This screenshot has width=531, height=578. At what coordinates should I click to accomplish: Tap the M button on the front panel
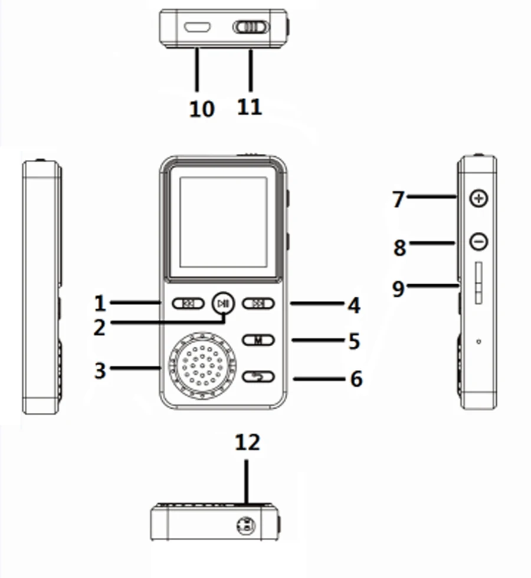click(258, 340)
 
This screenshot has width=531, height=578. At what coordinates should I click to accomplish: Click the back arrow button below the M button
click(258, 376)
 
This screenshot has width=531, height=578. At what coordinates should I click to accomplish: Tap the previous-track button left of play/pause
click(188, 304)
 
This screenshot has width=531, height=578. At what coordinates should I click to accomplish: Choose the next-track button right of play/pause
click(258, 304)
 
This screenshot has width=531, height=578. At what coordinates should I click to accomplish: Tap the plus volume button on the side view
click(478, 199)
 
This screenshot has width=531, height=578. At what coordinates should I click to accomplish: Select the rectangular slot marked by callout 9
click(478, 284)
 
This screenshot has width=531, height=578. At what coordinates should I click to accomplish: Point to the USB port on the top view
click(198, 27)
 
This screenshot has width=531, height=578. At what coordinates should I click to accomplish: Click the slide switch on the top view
click(250, 27)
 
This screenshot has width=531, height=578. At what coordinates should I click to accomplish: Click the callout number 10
click(202, 109)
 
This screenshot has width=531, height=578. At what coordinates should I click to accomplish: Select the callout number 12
click(247, 442)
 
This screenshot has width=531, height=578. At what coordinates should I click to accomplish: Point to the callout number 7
click(399, 200)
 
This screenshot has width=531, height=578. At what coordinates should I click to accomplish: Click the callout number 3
click(100, 370)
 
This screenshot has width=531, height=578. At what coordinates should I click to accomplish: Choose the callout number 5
click(354, 341)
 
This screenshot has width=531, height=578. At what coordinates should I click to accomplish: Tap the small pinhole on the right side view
click(478, 341)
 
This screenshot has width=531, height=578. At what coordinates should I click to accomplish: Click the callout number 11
click(250, 107)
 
